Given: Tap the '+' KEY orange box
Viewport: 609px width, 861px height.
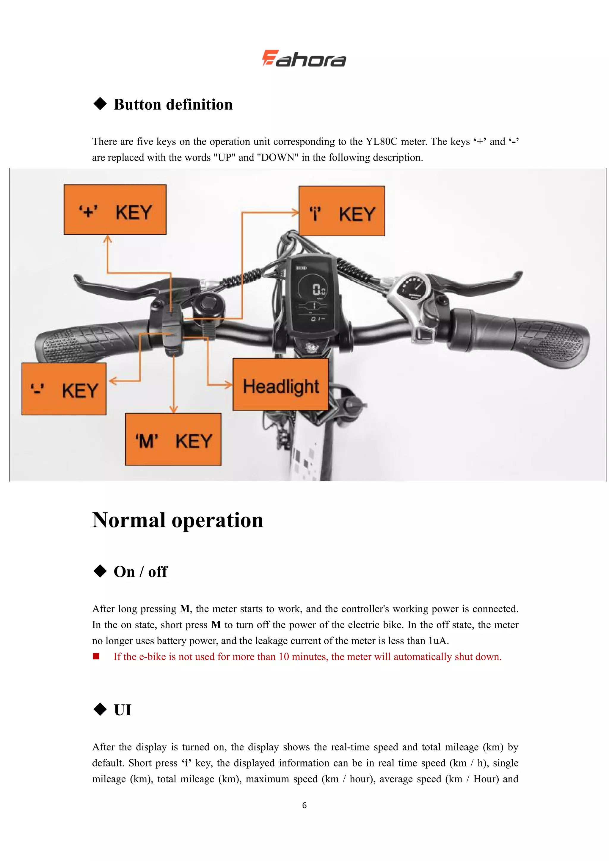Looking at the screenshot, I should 115,209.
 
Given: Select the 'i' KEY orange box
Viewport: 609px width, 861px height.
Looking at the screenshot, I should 342,211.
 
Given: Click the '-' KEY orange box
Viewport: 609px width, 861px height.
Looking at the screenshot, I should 64,389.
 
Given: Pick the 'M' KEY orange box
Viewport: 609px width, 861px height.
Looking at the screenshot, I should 173,439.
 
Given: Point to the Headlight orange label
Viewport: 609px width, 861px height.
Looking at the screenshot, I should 280,385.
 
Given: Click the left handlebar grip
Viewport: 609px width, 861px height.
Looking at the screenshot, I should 86,341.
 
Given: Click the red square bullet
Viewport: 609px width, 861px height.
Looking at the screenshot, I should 96,656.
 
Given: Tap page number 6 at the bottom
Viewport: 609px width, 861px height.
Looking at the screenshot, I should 304,805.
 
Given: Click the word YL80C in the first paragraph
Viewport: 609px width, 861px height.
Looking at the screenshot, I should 382,142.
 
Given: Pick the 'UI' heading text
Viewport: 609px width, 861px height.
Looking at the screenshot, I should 123,710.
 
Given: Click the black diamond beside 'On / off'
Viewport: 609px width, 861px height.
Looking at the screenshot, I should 100,571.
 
